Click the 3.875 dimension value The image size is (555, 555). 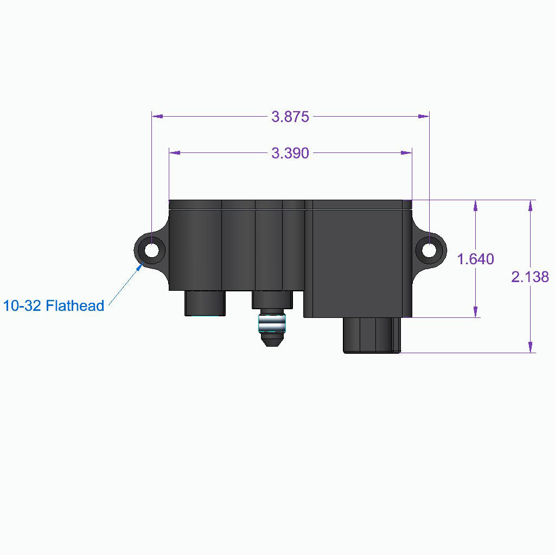click(290, 117)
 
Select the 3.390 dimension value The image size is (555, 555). click(290, 154)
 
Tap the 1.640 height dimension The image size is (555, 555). click(475, 259)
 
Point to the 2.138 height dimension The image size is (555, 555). click(530, 277)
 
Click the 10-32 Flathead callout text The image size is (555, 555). click(53, 306)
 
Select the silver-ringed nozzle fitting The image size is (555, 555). click(271, 324)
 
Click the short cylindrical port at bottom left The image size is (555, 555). click(205, 303)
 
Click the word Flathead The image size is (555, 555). click(75, 306)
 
